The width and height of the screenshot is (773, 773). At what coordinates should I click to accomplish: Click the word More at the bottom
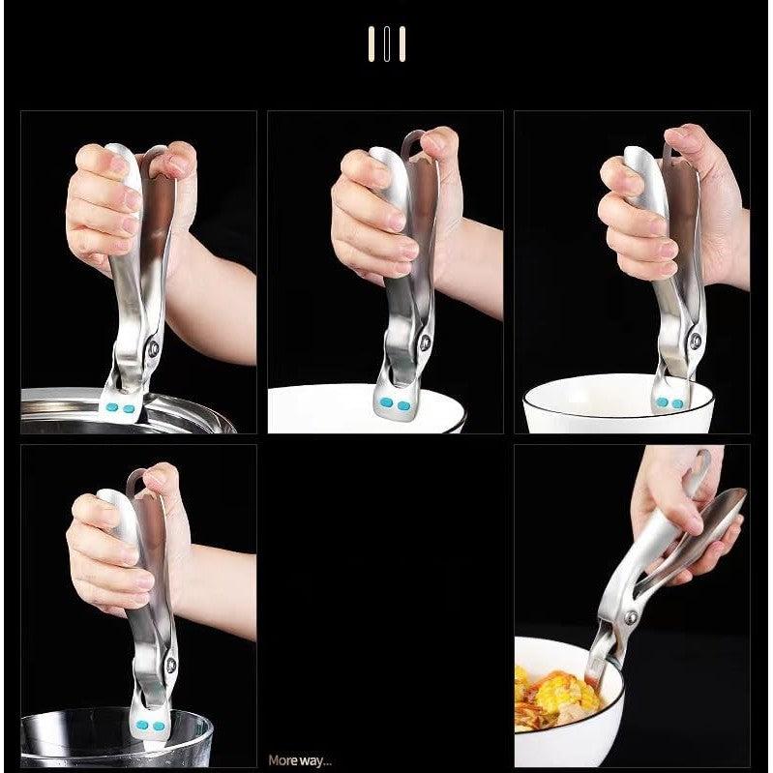[282, 760]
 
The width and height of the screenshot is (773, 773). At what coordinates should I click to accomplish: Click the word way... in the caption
[315, 761]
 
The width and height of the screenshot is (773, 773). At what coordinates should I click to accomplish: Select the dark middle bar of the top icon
[387, 44]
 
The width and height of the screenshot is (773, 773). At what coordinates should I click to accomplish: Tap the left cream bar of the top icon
[372, 44]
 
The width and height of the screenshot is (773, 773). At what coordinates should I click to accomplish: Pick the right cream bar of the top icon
[402, 44]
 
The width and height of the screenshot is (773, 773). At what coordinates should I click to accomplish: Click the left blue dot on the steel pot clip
[112, 407]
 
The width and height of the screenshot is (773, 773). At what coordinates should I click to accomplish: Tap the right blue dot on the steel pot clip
[129, 408]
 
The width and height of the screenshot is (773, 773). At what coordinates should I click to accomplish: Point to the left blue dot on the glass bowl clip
[142, 725]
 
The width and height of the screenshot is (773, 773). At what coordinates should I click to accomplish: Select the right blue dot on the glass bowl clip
[159, 726]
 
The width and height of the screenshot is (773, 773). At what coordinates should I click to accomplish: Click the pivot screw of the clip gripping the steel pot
[154, 348]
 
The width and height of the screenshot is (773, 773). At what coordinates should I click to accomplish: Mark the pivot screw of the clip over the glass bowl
[171, 665]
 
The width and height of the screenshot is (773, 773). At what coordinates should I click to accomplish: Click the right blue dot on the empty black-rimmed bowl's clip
[677, 403]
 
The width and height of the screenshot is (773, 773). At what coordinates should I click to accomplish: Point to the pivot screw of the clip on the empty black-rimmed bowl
[697, 341]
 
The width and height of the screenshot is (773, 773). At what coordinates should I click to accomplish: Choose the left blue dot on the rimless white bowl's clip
[387, 403]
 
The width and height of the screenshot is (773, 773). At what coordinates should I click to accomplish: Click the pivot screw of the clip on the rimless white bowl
[424, 342]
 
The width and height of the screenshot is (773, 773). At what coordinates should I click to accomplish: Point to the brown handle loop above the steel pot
[148, 157]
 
